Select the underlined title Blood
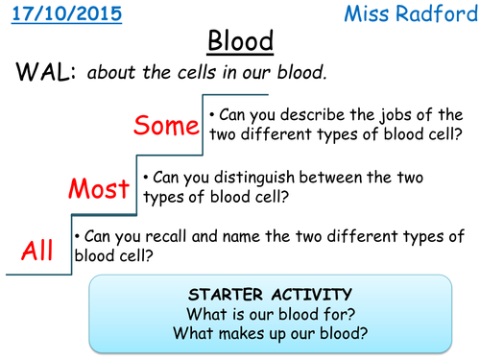pyautogui.click(x=241, y=42)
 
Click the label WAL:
pyautogui.click(x=42, y=74)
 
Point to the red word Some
pyautogui.click(x=166, y=126)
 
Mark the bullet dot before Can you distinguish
pyautogui.click(x=146, y=177)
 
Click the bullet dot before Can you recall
pyautogui.click(x=77, y=236)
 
